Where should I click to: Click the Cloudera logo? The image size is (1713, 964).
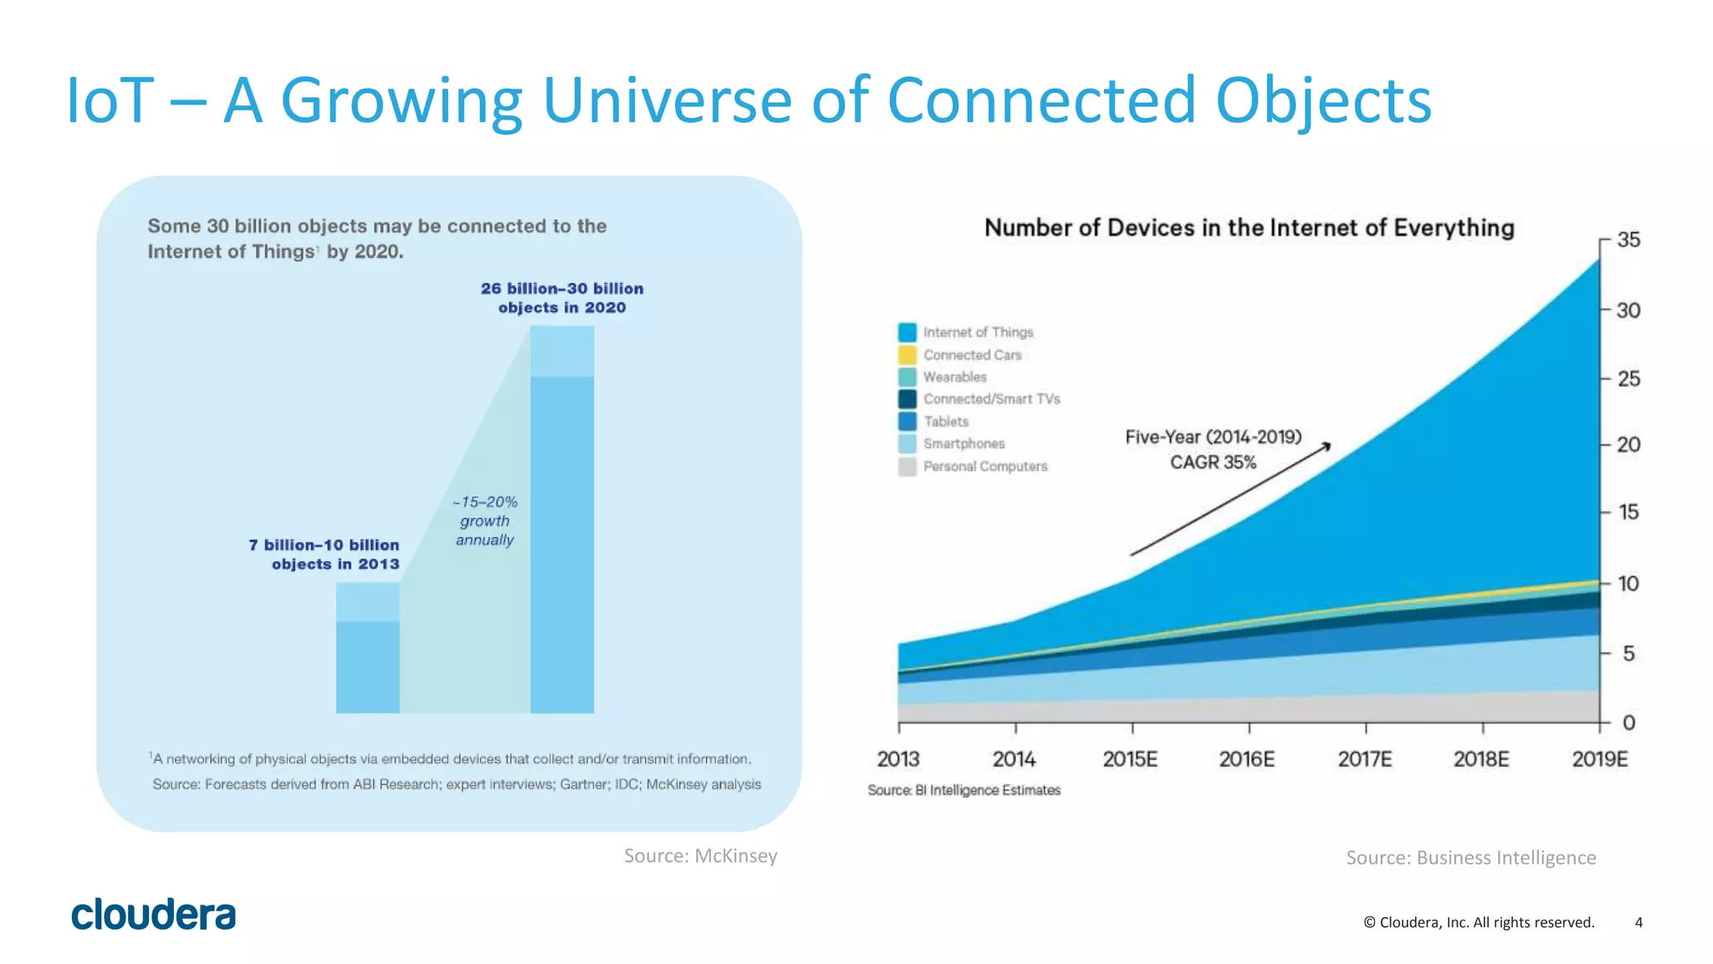pyautogui.click(x=154, y=915)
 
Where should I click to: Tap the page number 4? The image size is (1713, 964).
pyautogui.click(x=1639, y=922)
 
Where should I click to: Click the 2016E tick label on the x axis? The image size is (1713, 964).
pyautogui.click(x=1246, y=759)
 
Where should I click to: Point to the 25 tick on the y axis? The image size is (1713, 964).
pyautogui.click(x=1628, y=379)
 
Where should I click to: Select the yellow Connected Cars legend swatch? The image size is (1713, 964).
pyautogui.click(x=908, y=355)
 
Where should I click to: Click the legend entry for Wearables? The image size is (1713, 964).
pyautogui.click(x=954, y=377)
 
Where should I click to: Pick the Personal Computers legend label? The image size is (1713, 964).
pyautogui.click(x=984, y=466)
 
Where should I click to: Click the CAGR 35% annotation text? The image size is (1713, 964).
pyautogui.click(x=1213, y=462)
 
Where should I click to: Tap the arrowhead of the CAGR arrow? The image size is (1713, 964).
pyautogui.click(x=1327, y=446)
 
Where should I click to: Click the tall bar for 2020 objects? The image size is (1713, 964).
pyautogui.click(x=562, y=536)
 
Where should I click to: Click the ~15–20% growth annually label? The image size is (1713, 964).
pyautogui.click(x=485, y=520)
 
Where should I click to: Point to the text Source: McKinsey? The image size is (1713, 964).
pyautogui.click(x=700, y=855)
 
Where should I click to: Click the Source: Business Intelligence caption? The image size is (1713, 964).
pyautogui.click(x=1470, y=858)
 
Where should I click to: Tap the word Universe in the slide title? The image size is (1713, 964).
pyautogui.click(x=667, y=100)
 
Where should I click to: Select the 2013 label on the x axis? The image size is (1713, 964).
pyautogui.click(x=897, y=759)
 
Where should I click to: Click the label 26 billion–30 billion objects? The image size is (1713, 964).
pyautogui.click(x=562, y=298)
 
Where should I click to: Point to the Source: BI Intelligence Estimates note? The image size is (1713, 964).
pyautogui.click(x=964, y=790)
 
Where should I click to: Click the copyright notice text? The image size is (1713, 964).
pyautogui.click(x=1478, y=922)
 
